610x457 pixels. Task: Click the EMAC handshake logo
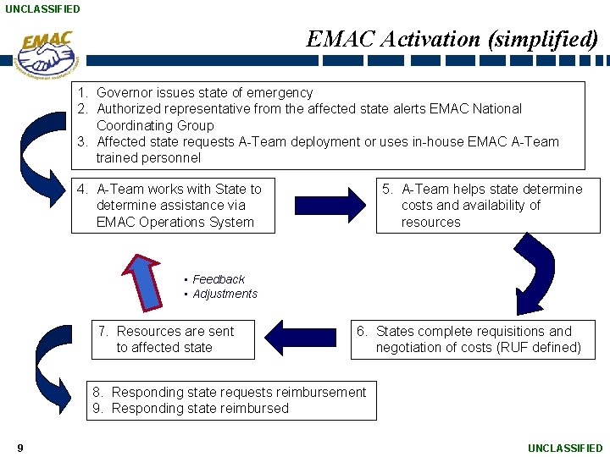(x=47, y=54)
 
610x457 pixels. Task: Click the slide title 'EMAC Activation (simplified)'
(x=452, y=39)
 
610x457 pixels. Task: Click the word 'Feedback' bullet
(x=219, y=279)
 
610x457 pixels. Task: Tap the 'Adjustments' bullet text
(x=225, y=295)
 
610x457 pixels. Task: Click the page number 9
(x=19, y=448)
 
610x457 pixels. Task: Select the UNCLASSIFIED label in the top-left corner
(x=42, y=9)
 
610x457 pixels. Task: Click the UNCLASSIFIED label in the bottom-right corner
(x=565, y=448)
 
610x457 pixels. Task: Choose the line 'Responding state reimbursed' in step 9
(x=200, y=409)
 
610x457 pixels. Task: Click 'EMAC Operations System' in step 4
(x=175, y=223)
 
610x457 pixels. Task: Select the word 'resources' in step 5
(x=430, y=223)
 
